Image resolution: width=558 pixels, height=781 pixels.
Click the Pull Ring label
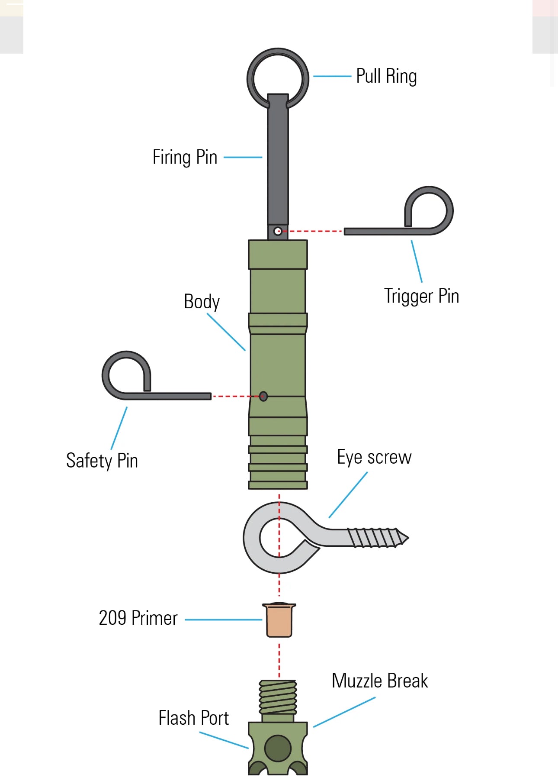point(386,77)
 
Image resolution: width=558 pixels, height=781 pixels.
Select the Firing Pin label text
point(185,157)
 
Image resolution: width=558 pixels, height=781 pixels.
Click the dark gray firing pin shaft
point(278,165)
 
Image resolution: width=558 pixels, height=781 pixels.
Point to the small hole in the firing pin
point(278,231)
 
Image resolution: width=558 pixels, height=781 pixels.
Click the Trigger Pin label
point(421,296)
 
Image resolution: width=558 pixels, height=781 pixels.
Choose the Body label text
point(202,302)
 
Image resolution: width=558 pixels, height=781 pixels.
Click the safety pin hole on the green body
point(263,396)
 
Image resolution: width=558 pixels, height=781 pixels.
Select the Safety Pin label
point(102,461)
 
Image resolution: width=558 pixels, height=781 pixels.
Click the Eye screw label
point(374,457)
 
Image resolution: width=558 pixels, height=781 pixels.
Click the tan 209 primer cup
point(279,620)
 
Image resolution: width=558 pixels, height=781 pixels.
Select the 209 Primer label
point(138,618)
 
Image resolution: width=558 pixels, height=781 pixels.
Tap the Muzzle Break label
point(380,681)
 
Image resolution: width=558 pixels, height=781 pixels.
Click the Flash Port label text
point(193,718)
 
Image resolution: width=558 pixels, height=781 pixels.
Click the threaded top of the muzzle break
point(278,697)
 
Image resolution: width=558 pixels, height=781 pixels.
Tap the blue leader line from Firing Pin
point(243,157)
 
